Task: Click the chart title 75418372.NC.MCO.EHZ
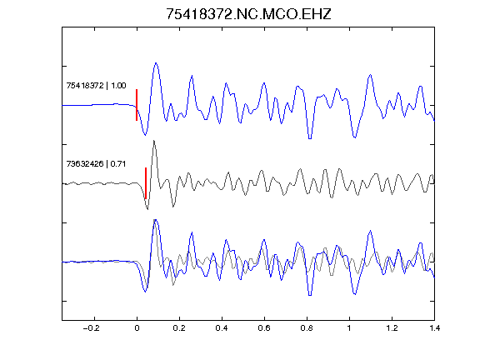pos(248,14)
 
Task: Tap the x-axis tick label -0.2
pos(92,328)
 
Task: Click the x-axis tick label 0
pos(137,328)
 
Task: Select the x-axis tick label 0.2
pos(179,328)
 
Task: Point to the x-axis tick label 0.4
pos(222,328)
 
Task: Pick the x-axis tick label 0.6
pos(264,328)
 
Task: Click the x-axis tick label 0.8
pos(307,328)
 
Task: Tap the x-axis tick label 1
pos(349,328)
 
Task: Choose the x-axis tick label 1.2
pos(392,328)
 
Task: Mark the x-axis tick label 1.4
pos(434,328)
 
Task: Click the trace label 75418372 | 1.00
pos(96,85)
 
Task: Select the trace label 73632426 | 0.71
pos(96,164)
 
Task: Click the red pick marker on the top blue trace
pos(137,105)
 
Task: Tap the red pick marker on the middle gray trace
pos(146,183)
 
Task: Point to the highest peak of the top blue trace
pos(156,63)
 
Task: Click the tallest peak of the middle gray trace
pos(154,141)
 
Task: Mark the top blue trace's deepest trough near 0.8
pos(310,138)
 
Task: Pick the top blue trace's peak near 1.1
pos(370,75)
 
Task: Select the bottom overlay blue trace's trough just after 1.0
pos(355,294)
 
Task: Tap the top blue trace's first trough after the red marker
pos(145,134)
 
